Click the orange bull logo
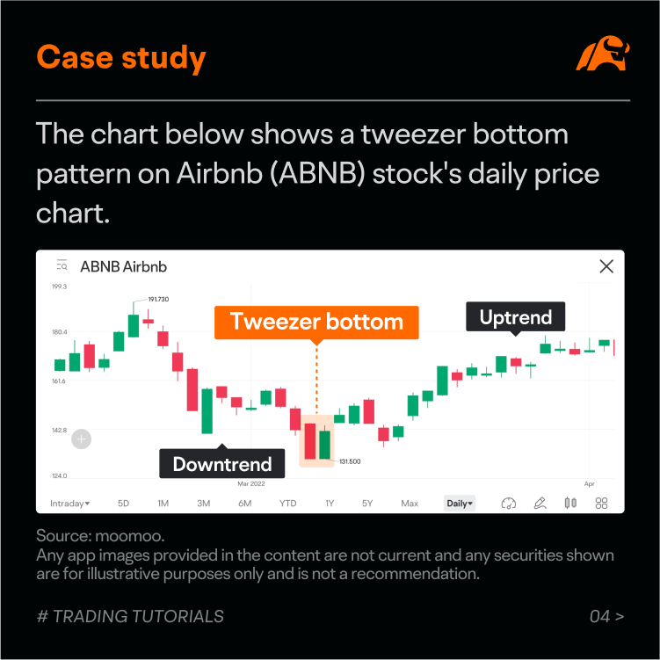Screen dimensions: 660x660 [603, 53]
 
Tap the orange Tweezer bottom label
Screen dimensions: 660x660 [316, 322]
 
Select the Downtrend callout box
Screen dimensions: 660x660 [221, 463]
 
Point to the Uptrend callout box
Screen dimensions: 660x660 [515, 316]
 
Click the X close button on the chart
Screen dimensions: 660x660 [606, 266]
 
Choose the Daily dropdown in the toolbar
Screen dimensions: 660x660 [460, 503]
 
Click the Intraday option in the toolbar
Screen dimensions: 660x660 [69, 504]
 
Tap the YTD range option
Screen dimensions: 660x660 [288, 504]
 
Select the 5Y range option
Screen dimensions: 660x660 [367, 504]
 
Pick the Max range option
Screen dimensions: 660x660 [410, 504]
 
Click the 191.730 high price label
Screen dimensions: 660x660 [158, 299]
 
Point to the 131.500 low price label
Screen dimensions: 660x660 [350, 461]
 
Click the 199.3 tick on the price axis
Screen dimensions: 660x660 [60, 286]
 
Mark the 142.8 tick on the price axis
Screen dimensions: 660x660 [60, 430]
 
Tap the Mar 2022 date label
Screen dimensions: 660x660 [251, 483]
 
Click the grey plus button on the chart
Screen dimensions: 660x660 [81, 439]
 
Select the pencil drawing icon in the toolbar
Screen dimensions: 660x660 [540, 503]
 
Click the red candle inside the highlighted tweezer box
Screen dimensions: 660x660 [310, 440]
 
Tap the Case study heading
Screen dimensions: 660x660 [121, 58]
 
